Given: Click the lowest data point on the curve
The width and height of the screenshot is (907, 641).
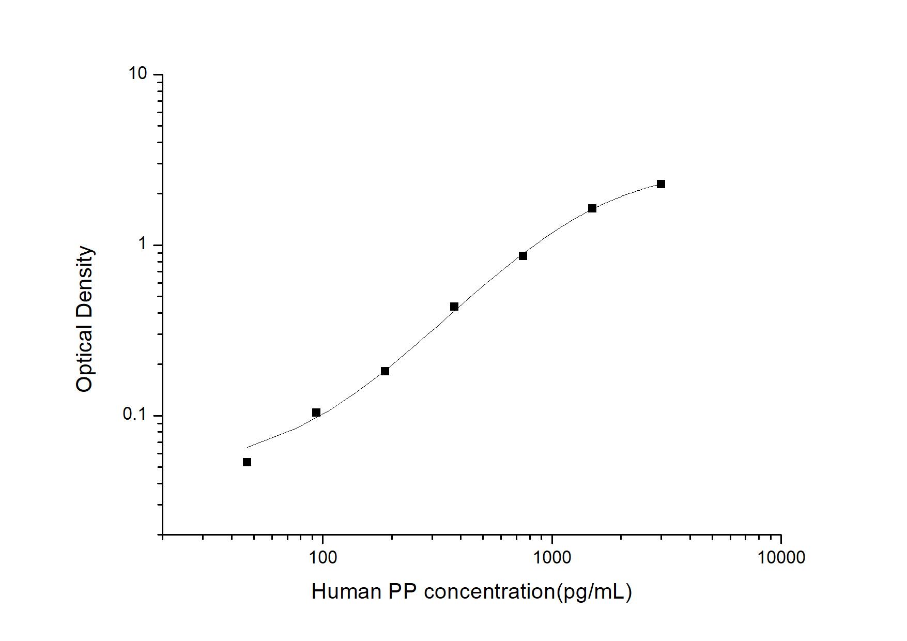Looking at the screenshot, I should click(x=247, y=462).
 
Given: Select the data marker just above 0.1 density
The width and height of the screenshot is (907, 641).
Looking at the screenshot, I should click(x=316, y=413).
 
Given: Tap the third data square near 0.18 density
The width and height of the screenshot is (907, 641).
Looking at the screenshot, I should click(x=385, y=371).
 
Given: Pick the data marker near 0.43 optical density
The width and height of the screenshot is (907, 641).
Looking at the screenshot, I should click(x=454, y=307).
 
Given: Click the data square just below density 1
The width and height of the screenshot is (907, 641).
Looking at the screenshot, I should click(x=523, y=256).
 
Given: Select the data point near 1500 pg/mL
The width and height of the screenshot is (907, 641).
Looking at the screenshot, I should click(x=592, y=208).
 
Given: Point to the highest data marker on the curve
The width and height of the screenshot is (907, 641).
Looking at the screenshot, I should click(x=661, y=184).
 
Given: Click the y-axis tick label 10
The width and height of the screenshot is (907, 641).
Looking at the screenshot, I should click(x=137, y=74).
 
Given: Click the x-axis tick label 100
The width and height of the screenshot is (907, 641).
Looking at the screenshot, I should click(x=322, y=557).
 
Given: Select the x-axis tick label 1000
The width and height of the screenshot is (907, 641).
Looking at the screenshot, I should click(x=552, y=557).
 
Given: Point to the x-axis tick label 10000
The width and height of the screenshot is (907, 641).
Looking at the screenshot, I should click(x=780, y=557).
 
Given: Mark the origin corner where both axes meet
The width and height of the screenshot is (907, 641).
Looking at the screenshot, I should click(x=162, y=535).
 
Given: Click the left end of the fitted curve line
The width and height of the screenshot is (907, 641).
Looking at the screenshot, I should click(x=248, y=447).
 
